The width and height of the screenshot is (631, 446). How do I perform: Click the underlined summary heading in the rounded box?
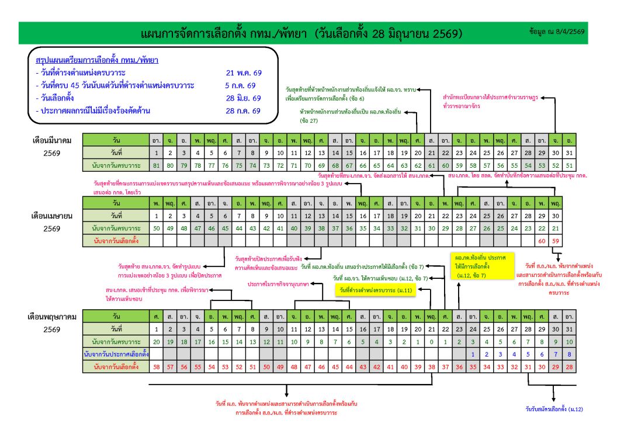click(97, 60)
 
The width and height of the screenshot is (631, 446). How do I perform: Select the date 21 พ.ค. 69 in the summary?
click(244, 73)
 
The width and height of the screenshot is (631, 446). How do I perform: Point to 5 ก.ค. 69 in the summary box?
click(244, 85)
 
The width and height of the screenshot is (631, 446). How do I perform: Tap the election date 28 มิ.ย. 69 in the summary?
click(244, 98)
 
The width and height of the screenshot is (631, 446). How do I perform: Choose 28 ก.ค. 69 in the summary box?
click(244, 110)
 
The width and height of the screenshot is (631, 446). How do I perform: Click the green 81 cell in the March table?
click(156, 165)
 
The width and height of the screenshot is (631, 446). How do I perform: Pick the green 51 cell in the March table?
click(570, 165)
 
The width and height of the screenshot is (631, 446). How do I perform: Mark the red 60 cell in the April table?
click(542, 240)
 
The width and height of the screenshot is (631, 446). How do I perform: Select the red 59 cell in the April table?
click(556, 240)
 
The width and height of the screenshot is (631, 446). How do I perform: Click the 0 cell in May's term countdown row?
click(431, 341)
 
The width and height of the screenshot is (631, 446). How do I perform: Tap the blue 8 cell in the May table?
click(570, 354)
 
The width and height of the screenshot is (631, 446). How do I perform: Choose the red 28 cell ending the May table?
click(570, 367)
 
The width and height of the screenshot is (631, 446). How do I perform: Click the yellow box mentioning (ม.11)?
click(375, 290)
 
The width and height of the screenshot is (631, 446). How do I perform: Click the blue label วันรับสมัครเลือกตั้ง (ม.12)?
click(553, 409)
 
